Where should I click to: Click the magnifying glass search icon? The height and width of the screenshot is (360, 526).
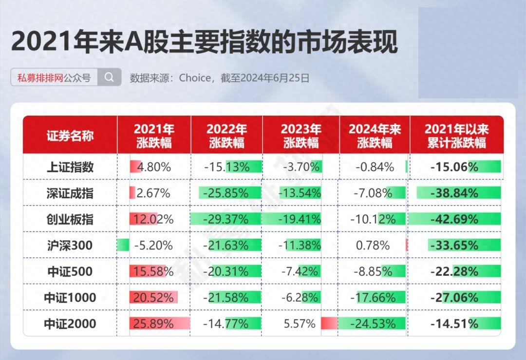pyautogui.click(x=109, y=77)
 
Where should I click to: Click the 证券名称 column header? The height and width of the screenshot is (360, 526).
pyautogui.click(x=70, y=135)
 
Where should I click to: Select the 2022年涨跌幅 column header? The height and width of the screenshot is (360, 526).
pyautogui.click(x=226, y=135)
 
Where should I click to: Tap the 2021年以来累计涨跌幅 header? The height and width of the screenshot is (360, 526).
pyautogui.click(x=456, y=135)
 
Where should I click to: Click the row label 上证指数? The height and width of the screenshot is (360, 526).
pyautogui.click(x=70, y=167)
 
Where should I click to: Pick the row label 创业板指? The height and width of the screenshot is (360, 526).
pyautogui.click(x=70, y=219)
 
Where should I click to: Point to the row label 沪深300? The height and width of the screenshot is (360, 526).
pyautogui.click(x=70, y=246)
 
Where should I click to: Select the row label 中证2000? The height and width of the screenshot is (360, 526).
pyautogui.click(x=70, y=323)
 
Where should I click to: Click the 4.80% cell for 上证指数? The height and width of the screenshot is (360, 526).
pyautogui.click(x=154, y=167)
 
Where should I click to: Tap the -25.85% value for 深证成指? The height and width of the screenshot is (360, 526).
pyautogui.click(x=226, y=193)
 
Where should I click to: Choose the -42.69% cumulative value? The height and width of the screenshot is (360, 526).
pyautogui.click(x=454, y=219)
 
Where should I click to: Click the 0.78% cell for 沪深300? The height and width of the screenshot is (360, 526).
pyautogui.click(x=373, y=246)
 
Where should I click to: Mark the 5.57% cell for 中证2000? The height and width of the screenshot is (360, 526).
pyautogui.click(x=299, y=323)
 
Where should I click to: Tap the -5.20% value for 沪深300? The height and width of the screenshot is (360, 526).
pyautogui.click(x=154, y=246)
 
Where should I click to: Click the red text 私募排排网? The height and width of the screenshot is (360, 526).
pyautogui.click(x=40, y=77)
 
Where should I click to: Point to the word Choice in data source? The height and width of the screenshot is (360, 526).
pyautogui.click(x=195, y=77)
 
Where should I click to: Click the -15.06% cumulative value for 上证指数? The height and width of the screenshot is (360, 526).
pyautogui.click(x=454, y=167)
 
